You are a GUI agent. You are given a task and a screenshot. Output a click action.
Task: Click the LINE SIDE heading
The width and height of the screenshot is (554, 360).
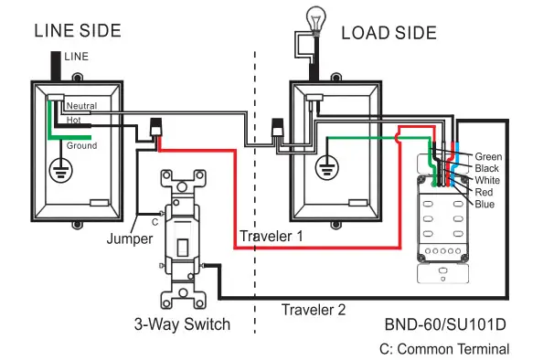(78, 31)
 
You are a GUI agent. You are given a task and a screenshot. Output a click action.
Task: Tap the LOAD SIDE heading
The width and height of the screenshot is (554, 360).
(389, 33)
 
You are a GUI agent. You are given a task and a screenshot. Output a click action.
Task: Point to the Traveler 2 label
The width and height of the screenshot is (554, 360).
(313, 310)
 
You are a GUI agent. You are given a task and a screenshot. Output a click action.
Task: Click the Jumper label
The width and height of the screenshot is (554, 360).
(129, 238)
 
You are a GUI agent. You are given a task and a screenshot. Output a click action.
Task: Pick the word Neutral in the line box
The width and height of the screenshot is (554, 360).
(81, 106)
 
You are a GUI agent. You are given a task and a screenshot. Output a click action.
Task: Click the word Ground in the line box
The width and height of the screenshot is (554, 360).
(81, 145)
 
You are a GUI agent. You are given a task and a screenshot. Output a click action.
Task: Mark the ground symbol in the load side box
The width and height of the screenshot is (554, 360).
(326, 168)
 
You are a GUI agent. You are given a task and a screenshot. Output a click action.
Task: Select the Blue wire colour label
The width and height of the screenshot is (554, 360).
(485, 205)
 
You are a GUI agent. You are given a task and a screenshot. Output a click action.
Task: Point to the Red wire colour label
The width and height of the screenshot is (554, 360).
(485, 193)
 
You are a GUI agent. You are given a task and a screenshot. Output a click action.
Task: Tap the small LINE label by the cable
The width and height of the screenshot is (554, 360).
(76, 57)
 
